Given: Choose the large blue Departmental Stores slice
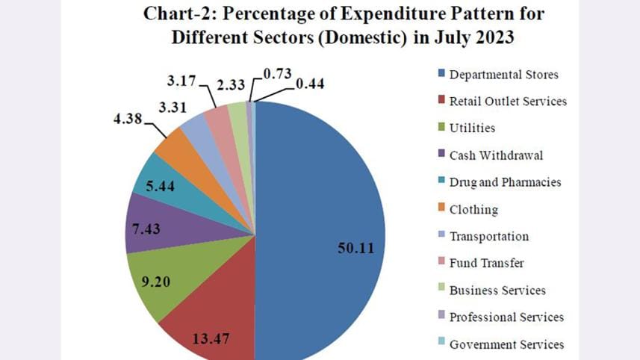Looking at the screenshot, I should click(321, 224).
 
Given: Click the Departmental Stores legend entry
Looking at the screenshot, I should click(503, 74).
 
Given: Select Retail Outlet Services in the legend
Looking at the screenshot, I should click(508, 101).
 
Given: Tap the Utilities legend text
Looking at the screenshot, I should click(472, 128).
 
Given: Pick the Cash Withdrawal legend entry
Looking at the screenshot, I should click(496, 155).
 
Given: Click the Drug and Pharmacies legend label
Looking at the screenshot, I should click(505, 182).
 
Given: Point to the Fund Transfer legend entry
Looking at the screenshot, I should click(486, 263).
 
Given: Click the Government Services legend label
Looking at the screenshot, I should click(506, 344).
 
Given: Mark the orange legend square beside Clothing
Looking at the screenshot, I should click(441, 210).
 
